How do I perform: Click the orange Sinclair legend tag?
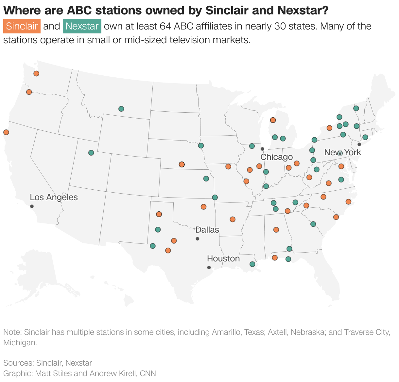(x=22, y=26)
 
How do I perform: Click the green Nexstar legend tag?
(x=82, y=26)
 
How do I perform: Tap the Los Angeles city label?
(x=54, y=197)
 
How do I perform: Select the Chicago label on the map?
(x=277, y=157)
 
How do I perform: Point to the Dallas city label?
(x=207, y=230)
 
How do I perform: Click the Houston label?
(x=223, y=258)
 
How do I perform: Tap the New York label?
(x=342, y=152)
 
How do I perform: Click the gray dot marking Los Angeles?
(x=32, y=206)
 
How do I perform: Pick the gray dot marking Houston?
(x=209, y=267)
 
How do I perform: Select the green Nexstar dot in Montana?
(x=121, y=109)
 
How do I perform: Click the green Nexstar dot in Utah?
(x=91, y=153)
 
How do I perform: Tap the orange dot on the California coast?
(x=6, y=132)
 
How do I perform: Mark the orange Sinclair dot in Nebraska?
(x=182, y=164)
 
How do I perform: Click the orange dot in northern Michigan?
(x=273, y=120)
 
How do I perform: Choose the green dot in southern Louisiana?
(x=252, y=264)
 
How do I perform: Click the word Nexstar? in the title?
(x=303, y=10)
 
